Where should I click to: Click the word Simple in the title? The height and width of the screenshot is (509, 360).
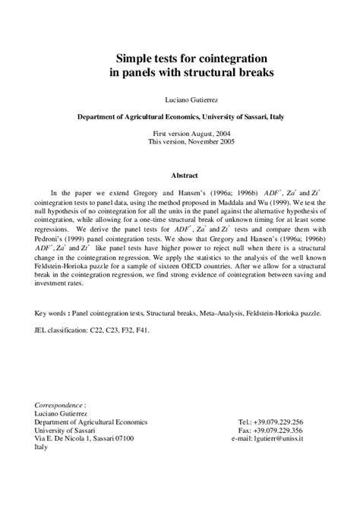[134, 58]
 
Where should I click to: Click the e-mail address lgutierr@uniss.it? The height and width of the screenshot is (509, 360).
[295, 438]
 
